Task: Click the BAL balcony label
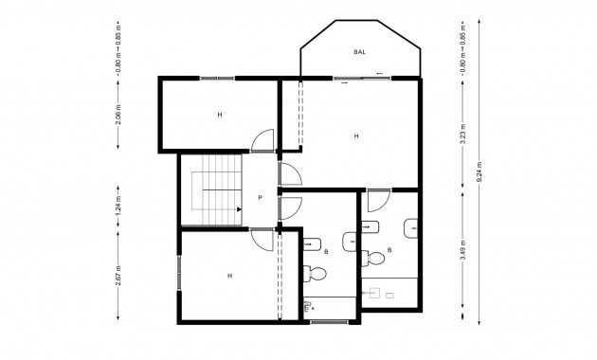[360, 52]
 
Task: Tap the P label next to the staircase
[260, 198]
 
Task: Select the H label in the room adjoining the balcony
[356, 136]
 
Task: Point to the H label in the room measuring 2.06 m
[219, 115]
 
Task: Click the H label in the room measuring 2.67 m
[229, 276]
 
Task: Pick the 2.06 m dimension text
[118, 115]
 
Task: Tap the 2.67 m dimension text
[118, 275]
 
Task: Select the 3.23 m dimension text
[462, 133]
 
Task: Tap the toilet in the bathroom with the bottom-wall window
[317, 274]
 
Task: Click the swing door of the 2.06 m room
[264, 141]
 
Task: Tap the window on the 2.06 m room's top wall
[217, 78]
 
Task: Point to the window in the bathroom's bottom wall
[328, 322]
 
